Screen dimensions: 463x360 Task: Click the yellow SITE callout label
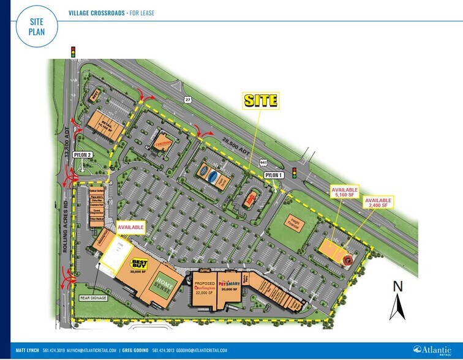pos(262,100)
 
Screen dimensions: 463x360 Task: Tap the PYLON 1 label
pos(273,176)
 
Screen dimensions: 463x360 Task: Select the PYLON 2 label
pos(82,155)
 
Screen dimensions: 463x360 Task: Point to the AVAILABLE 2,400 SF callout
pos(378,202)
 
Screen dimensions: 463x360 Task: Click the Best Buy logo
pos(140,261)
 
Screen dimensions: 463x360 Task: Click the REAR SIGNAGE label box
pos(93,299)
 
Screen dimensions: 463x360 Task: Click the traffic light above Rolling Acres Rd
pos(73,51)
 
